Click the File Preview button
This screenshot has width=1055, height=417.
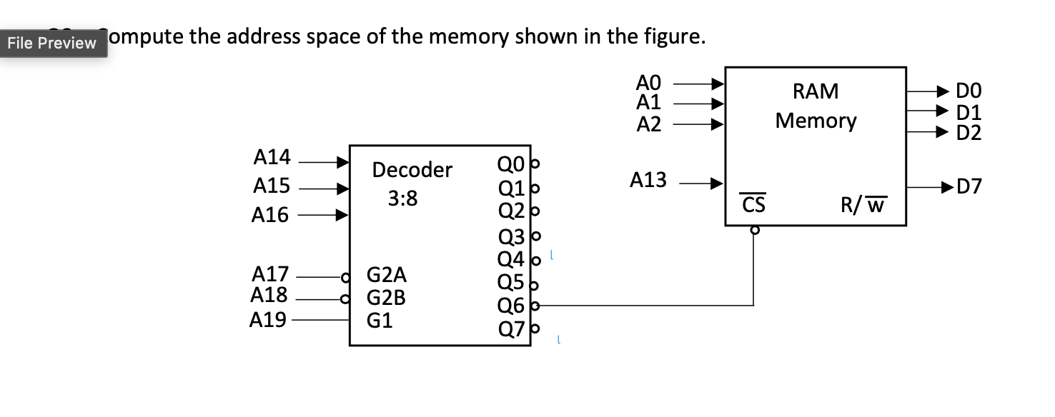[51, 43]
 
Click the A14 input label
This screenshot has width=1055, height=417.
[272, 156]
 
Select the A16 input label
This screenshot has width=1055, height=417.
[270, 215]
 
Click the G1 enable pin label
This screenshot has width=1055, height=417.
[380, 321]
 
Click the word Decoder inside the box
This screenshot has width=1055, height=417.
[412, 170]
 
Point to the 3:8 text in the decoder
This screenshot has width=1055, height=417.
[403, 199]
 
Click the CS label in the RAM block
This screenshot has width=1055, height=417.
[753, 205]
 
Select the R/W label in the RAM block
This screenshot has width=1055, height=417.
[863, 206]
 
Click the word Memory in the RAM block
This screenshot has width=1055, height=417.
[816, 121]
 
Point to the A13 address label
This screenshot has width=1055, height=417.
[648, 181]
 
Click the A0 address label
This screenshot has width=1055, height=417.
[650, 81]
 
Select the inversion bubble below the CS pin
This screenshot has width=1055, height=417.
[753, 231]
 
